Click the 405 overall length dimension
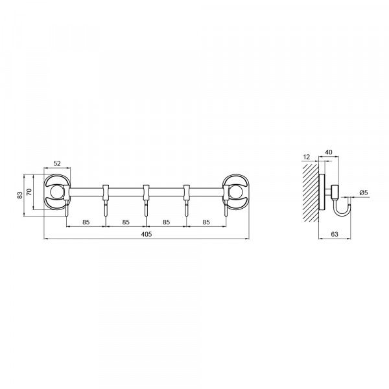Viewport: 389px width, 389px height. tap(147, 234)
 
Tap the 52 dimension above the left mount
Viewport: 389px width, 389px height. tap(57, 163)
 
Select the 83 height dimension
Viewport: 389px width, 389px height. tap(20, 195)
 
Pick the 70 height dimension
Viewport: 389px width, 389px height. tap(29, 192)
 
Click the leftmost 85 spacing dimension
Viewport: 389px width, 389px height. tap(86, 222)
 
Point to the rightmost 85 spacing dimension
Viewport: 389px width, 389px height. tap(206, 222)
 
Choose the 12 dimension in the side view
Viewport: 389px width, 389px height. tap(307, 157)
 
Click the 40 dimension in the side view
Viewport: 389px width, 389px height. tap(329, 152)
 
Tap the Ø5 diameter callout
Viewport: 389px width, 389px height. tap(364, 193)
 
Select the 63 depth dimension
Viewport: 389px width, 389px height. tap(335, 234)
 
